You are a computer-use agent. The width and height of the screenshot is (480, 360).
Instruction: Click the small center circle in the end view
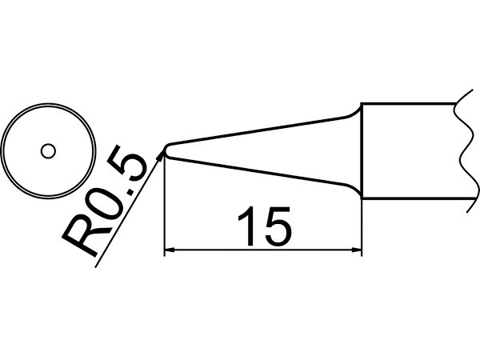pos(48,151)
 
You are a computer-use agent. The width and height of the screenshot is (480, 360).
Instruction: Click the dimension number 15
pos(264,226)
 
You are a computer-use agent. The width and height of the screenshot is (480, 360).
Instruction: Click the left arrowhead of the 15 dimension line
pos(170,250)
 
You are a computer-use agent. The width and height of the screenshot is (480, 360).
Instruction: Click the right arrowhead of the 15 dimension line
pos(357,250)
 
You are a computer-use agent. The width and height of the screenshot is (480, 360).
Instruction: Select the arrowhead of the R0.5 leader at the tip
pos(160,157)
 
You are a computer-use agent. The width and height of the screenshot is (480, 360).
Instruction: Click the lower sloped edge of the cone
pos(257,170)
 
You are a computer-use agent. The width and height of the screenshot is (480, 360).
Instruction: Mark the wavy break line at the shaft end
pos(466,151)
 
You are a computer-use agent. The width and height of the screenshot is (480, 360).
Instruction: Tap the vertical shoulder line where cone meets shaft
pos(362,151)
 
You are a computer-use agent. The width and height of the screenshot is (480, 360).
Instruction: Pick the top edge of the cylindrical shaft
pos(409,104)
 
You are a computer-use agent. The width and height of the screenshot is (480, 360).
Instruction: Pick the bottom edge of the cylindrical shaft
pos(416,198)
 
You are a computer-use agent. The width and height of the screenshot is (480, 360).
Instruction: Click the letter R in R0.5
pos(81,234)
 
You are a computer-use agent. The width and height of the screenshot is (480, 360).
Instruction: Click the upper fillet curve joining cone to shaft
pos(354,111)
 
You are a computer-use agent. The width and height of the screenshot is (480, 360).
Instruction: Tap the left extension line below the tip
pos(165,205)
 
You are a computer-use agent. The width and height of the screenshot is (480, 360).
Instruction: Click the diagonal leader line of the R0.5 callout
pos(127,212)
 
